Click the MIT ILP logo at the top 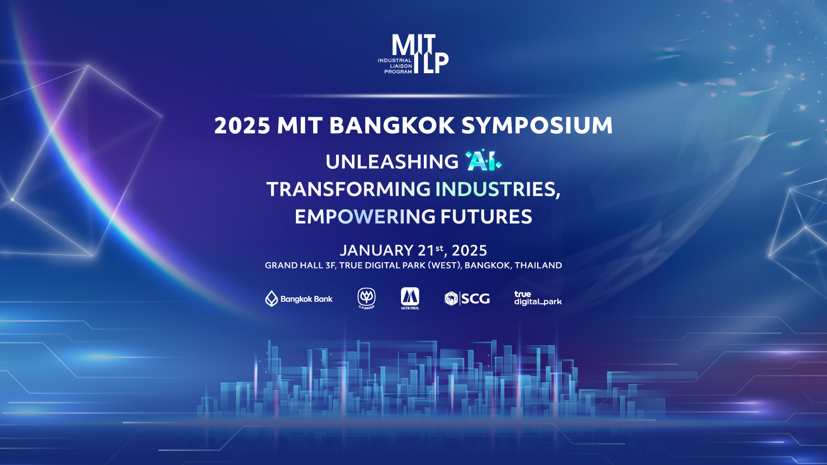(x=413, y=54)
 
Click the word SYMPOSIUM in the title (x=537, y=126)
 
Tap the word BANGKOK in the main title (x=392, y=126)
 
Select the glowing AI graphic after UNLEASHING (x=483, y=161)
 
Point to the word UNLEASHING (x=392, y=162)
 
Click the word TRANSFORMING (x=348, y=189)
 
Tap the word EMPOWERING (x=365, y=217)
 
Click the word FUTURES (x=486, y=217)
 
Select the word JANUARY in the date (x=376, y=251)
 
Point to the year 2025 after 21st (x=469, y=251)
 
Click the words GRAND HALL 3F (x=300, y=265)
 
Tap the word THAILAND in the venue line (x=538, y=265)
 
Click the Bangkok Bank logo (x=299, y=298)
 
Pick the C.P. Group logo (x=367, y=298)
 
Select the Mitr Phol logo (x=410, y=298)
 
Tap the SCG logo (x=467, y=298)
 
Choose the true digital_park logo (x=538, y=298)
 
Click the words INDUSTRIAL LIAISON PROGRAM (x=395, y=66)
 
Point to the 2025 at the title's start (x=242, y=126)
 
